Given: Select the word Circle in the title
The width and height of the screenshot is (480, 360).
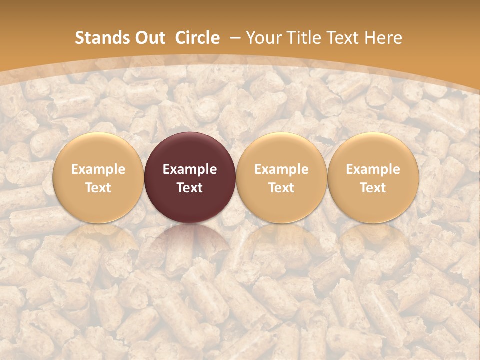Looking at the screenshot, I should click(x=197, y=38).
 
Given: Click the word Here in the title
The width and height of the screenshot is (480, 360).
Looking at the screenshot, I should click(x=382, y=38).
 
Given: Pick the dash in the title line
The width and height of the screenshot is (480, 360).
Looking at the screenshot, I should click(x=234, y=38).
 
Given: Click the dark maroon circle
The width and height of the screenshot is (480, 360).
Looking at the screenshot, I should click(x=190, y=177).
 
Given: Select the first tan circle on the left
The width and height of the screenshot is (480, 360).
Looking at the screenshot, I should click(x=98, y=177).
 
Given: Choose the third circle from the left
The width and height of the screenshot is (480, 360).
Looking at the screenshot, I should click(x=281, y=177).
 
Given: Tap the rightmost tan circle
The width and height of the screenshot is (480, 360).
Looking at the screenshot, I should click(x=373, y=177).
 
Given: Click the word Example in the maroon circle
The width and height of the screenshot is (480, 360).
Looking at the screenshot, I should click(x=190, y=169).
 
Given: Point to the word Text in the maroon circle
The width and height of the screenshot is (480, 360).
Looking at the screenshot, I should click(x=190, y=188).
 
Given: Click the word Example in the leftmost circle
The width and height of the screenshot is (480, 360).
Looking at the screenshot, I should click(x=98, y=169).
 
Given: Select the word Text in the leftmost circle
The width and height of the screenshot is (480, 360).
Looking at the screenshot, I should click(x=98, y=188).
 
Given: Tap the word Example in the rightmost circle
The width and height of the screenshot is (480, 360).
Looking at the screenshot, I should click(x=373, y=169).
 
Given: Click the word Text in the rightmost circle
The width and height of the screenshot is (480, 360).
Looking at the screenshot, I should click(x=373, y=188).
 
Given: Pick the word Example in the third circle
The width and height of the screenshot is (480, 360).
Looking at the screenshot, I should click(x=281, y=169).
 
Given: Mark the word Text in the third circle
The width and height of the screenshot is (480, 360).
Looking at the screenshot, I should click(x=281, y=188).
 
